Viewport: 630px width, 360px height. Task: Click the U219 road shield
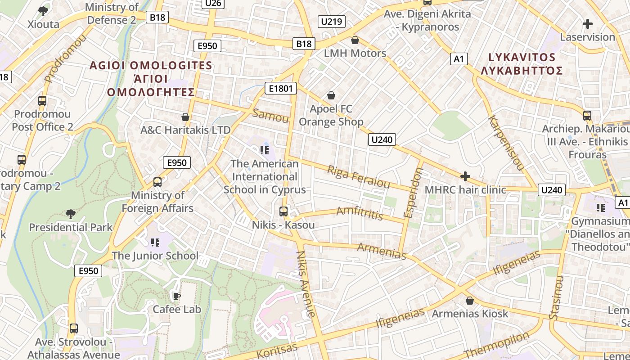pyautogui.click(x=332, y=21)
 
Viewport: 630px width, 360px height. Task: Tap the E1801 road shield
pyautogui.click(x=280, y=88)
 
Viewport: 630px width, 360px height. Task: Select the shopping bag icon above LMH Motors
pyautogui.click(x=355, y=40)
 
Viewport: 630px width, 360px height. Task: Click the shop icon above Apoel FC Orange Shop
pyautogui.click(x=331, y=95)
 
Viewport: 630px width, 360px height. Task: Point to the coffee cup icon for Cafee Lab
pyautogui.click(x=177, y=296)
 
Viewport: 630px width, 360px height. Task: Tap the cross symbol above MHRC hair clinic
pyautogui.click(x=465, y=176)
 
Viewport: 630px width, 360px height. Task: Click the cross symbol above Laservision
pyautogui.click(x=587, y=24)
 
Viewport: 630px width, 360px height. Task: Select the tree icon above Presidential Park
pyautogui.click(x=70, y=213)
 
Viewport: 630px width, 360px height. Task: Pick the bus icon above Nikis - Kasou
pyautogui.click(x=283, y=211)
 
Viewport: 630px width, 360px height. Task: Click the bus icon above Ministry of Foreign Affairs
pyautogui.click(x=157, y=182)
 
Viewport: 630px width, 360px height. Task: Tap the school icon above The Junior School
pyautogui.click(x=155, y=243)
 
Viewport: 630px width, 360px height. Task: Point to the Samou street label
pyautogui.click(x=270, y=116)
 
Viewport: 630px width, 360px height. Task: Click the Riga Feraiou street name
pyautogui.click(x=358, y=177)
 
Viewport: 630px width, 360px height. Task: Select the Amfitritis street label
pyautogui.click(x=360, y=212)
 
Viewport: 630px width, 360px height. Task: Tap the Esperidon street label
pyautogui.click(x=414, y=193)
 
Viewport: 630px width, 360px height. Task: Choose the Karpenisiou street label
pyautogui.click(x=506, y=143)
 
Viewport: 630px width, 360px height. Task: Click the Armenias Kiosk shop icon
pyautogui.click(x=470, y=301)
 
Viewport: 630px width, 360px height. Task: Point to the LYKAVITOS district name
pyautogui.click(x=522, y=57)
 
